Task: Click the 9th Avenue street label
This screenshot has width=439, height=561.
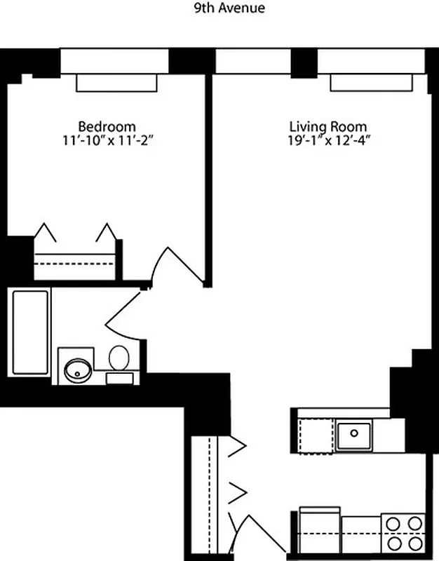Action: coord(219,8)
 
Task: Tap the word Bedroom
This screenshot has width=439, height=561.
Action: coord(107,126)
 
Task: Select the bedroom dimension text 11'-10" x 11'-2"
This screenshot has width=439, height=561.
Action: coord(107,140)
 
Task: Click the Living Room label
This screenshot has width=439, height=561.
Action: coord(328,127)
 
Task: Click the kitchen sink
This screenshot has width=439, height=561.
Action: coord(354,435)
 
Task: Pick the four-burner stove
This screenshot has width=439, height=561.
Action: coord(404,533)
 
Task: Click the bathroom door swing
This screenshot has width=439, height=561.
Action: coord(126,319)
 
